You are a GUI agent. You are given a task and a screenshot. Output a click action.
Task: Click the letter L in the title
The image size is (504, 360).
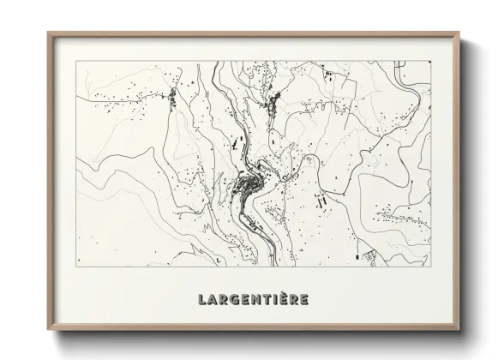click(x=202, y=300)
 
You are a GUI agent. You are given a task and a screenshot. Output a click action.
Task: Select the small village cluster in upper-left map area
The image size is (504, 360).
click(x=171, y=98)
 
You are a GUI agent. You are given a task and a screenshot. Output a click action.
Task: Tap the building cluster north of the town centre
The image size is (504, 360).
click(x=273, y=110)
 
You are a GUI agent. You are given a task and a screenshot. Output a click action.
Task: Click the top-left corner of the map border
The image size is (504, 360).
click(x=77, y=61)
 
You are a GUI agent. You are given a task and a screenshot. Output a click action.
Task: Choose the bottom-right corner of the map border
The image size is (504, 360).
click(x=431, y=267)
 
